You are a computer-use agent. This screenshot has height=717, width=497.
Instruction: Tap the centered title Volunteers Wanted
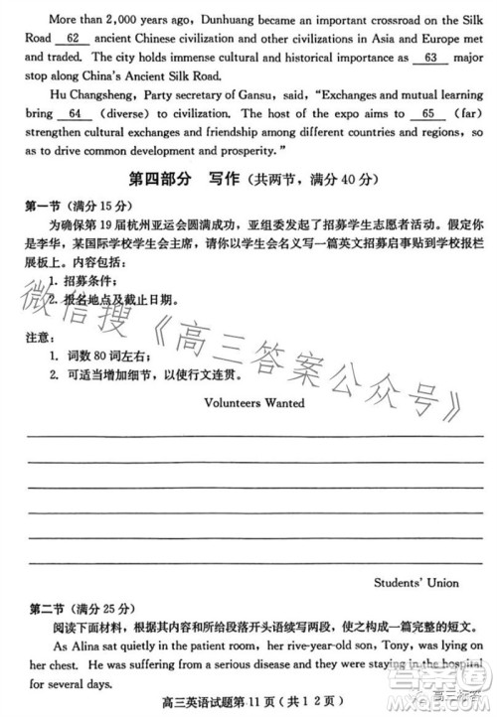253,403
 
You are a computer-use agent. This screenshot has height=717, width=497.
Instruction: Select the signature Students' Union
416,583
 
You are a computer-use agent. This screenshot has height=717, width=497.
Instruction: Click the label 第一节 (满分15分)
79,206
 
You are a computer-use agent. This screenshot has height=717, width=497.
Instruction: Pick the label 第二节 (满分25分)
79,607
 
